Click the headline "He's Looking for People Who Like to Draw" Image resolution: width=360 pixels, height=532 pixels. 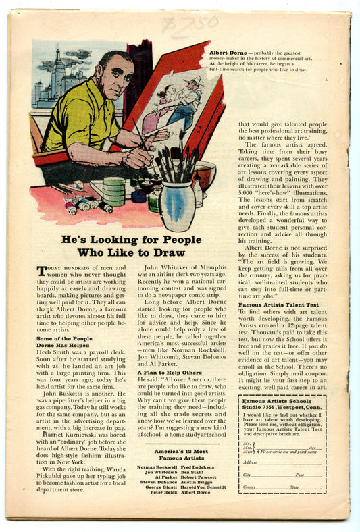pos(131,246)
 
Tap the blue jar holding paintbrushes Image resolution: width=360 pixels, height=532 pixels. pos(178,205)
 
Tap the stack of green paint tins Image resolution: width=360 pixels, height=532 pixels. pos(113,190)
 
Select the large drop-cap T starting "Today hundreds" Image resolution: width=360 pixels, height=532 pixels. pos(43,271)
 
